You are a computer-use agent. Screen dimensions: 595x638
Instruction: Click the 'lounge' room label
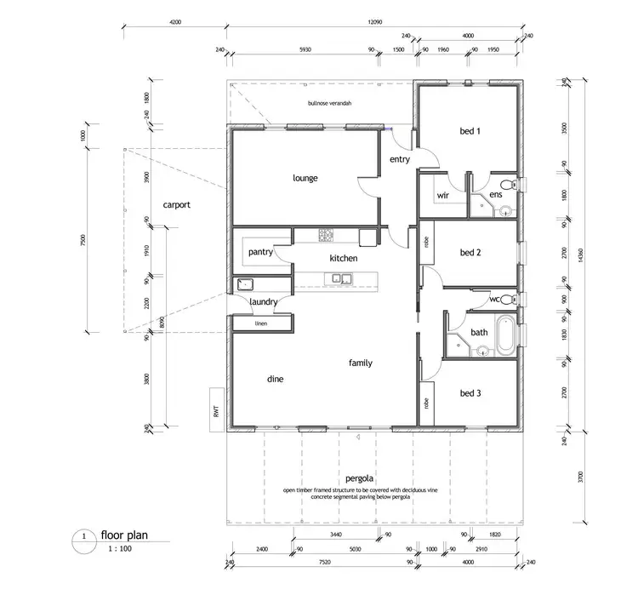(x=305, y=178)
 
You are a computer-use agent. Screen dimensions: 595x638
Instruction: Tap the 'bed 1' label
(x=470, y=131)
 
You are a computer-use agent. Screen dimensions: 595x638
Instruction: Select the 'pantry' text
(x=259, y=253)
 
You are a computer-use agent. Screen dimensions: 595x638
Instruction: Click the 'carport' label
(x=176, y=205)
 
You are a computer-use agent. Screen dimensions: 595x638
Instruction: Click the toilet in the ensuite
(x=508, y=185)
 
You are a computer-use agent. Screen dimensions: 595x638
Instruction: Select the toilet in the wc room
(x=508, y=300)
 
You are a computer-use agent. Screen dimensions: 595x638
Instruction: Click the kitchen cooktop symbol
(x=328, y=234)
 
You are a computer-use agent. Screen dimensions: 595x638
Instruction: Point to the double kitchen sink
(x=343, y=277)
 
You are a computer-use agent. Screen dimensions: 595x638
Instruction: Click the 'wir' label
(x=442, y=195)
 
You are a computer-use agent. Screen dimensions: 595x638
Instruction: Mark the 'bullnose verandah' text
(x=329, y=104)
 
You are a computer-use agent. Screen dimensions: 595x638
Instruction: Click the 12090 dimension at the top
(x=374, y=23)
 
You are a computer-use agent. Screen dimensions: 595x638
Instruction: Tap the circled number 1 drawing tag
(x=84, y=537)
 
